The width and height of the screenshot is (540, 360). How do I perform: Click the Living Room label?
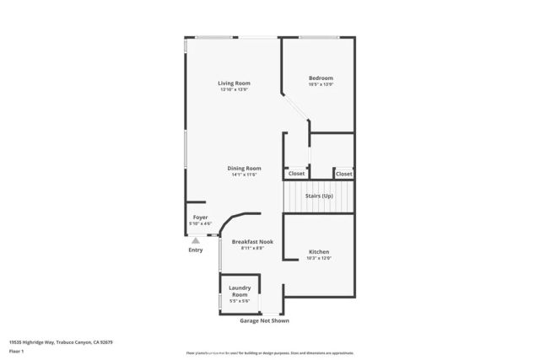coord(234,83)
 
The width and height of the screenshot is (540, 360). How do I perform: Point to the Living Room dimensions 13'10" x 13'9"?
coord(234,90)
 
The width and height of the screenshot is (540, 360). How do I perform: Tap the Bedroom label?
coord(321,78)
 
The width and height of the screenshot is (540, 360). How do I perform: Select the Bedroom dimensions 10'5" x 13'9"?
coord(321,84)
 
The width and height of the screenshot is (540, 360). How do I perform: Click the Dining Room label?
coord(244,168)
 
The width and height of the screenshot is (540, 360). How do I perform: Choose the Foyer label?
coord(200,217)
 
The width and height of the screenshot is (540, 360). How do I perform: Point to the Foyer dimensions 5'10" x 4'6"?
coord(200,223)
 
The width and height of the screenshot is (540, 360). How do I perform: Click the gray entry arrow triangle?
coord(196,240)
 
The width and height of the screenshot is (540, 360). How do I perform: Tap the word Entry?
coord(196,250)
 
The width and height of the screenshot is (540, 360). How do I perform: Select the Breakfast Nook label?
coord(252,241)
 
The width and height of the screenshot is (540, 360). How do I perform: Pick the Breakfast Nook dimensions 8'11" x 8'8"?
coord(252,248)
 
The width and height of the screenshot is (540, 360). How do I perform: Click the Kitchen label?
coord(319,252)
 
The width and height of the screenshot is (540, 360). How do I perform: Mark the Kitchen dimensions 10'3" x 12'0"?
coord(319,259)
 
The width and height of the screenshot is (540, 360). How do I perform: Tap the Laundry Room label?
coord(240,291)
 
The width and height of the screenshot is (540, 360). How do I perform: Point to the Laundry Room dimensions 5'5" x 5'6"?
coord(240,302)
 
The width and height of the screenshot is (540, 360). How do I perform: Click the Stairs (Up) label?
coord(319,196)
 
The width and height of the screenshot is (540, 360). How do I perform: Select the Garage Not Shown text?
coord(265,320)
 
